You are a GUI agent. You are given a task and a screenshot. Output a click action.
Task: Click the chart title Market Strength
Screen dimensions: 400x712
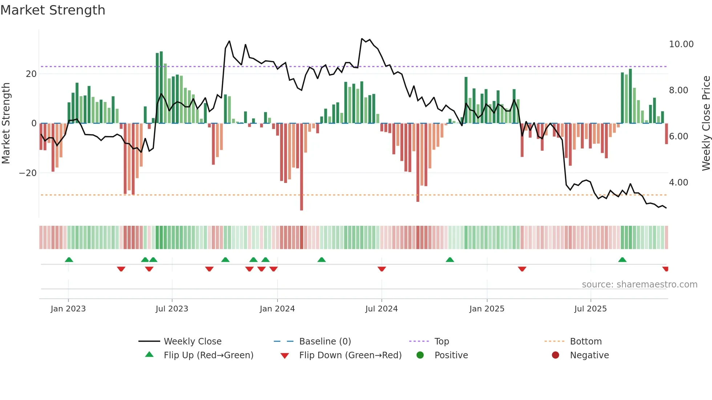point(53,10)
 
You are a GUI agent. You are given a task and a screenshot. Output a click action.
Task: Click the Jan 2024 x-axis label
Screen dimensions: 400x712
point(277,309)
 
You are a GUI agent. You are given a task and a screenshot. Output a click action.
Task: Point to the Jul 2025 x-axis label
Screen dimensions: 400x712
point(590,309)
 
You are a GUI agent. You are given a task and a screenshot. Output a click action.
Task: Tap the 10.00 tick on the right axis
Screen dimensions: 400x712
point(681,44)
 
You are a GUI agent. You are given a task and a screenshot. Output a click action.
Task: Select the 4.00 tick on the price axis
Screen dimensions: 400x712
point(678,183)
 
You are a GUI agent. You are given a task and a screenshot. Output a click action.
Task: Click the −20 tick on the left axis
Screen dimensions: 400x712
point(28,173)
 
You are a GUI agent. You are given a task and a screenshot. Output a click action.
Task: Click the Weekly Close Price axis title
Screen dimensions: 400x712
point(706,123)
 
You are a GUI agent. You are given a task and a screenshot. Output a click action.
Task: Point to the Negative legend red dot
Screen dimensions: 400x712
point(555,355)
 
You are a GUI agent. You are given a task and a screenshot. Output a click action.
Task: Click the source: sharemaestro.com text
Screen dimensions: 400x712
point(639,285)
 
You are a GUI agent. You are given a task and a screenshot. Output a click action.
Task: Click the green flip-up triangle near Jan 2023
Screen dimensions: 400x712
point(69,260)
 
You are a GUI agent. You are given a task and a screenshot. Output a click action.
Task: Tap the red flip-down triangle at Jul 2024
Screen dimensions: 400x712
point(381,269)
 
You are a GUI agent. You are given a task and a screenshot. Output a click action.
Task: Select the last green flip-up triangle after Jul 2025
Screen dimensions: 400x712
point(622,260)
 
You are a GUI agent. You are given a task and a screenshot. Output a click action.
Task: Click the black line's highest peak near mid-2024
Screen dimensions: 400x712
point(362,39)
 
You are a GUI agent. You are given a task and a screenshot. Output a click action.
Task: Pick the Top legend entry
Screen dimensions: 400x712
point(441,342)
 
